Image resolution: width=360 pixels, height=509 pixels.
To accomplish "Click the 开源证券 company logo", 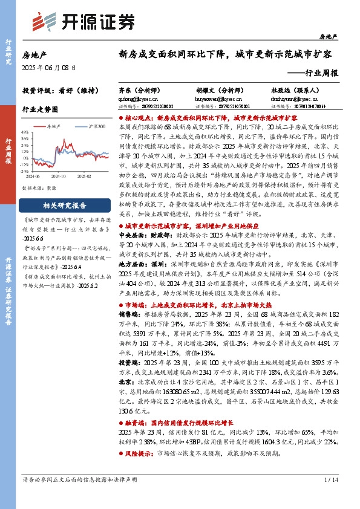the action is (83, 22).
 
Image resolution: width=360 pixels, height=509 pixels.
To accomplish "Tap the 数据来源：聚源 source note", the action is (39, 188).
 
